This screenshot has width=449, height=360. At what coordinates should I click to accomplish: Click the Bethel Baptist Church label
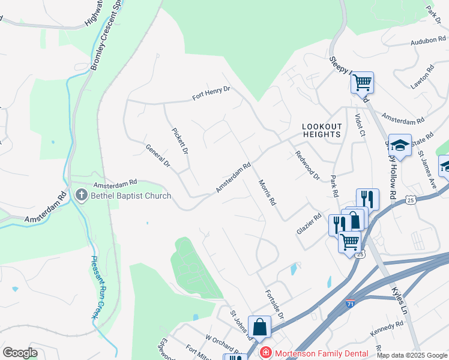(x=131, y=196)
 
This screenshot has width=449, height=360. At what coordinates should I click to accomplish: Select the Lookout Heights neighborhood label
(x=322, y=130)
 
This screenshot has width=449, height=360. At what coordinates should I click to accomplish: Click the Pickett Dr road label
(x=180, y=141)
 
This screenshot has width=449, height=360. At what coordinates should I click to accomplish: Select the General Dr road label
(x=158, y=155)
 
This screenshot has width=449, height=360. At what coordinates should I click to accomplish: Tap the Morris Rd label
(x=267, y=193)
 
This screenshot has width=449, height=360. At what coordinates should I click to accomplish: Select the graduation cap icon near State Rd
(x=400, y=145)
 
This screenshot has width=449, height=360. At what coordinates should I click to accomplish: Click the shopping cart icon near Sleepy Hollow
(x=362, y=83)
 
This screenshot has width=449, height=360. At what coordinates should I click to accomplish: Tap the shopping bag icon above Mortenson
(x=260, y=327)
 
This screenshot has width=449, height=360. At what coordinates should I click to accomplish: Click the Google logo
(x=20, y=352)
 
